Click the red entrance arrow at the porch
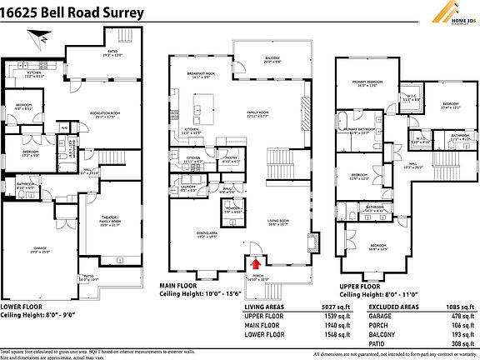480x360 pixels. click(x=255, y=263)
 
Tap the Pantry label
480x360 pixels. click(x=232, y=157)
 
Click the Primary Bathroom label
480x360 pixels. click(x=364, y=131)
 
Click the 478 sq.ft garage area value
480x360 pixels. click(x=461, y=316)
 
